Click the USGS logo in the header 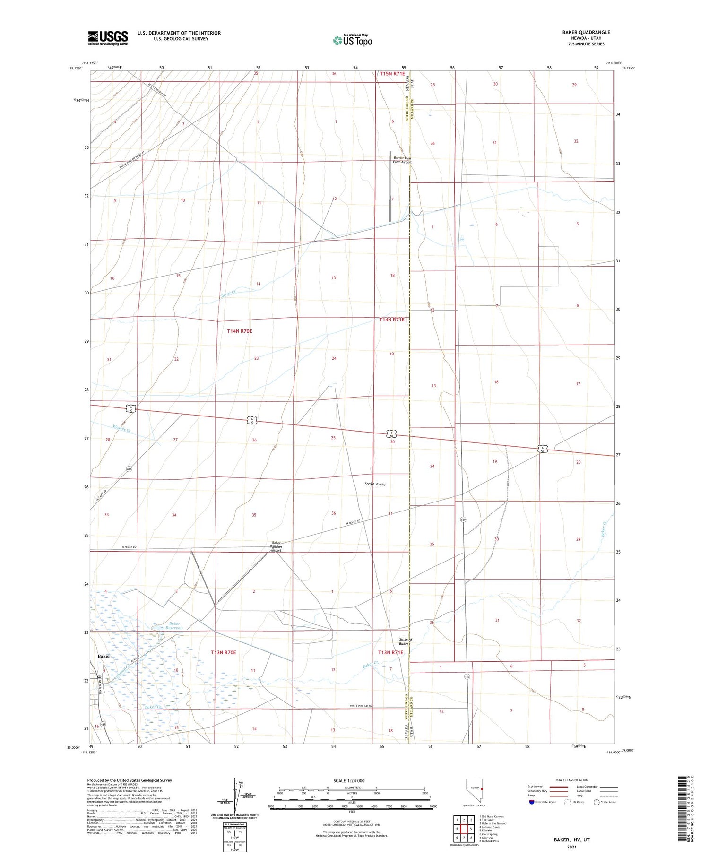[108, 38]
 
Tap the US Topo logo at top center [353, 40]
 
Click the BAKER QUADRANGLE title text [586, 32]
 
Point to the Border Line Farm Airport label [402, 160]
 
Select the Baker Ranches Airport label [276, 546]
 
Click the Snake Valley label [375, 484]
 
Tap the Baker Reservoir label [174, 626]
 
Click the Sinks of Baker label [405, 641]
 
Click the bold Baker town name [104, 656]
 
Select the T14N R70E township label [240, 331]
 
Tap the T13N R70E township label [223, 652]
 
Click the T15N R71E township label [392, 74]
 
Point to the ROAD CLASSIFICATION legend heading [571, 780]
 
